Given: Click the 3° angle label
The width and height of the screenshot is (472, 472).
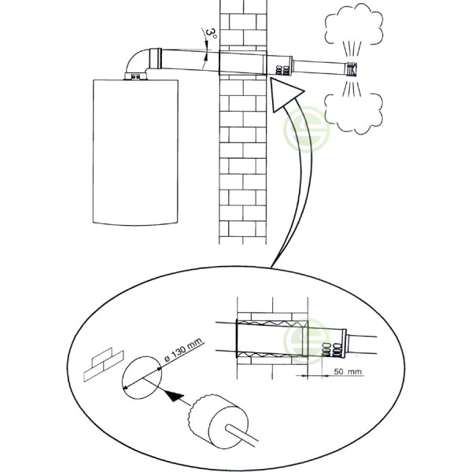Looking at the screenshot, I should (210, 34).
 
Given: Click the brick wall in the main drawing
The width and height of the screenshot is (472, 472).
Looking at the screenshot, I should (243, 157).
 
